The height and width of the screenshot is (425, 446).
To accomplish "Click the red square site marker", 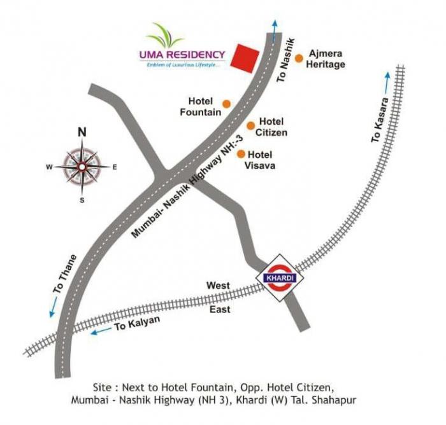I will click(244, 58).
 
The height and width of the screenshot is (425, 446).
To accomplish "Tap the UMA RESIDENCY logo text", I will click(182, 54).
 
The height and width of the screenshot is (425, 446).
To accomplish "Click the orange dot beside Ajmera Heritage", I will click(299, 58).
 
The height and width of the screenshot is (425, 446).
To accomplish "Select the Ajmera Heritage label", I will click(327, 59).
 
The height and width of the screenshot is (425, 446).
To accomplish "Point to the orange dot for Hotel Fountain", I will click(226, 103).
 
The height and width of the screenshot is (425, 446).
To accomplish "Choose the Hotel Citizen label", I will click(271, 127).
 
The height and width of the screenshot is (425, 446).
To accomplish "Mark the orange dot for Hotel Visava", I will click(241, 153).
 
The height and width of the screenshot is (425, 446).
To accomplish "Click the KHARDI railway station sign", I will click(279, 278).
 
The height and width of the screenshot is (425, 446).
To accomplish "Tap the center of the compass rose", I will click(82, 167).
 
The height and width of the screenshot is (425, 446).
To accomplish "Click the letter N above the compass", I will click(82, 133).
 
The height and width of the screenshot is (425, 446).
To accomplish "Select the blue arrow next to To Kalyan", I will click(99, 331).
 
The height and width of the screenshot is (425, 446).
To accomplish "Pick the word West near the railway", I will click(217, 286).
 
